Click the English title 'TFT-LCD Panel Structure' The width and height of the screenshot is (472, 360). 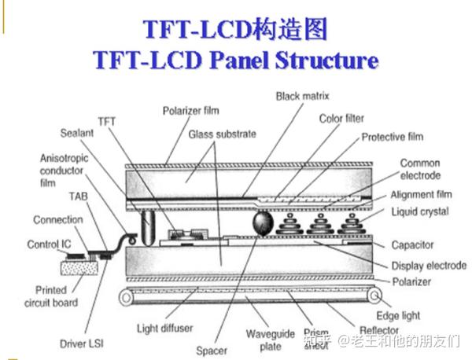235,61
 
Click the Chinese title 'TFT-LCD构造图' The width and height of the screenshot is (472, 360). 235,29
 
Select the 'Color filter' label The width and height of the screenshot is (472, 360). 341,119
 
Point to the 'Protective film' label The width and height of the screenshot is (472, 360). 392,137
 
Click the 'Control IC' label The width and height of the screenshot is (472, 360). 49,244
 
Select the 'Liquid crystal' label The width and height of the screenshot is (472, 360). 420,212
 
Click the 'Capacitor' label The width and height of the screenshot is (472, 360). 415,245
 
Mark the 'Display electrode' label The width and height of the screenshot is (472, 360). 429,266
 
